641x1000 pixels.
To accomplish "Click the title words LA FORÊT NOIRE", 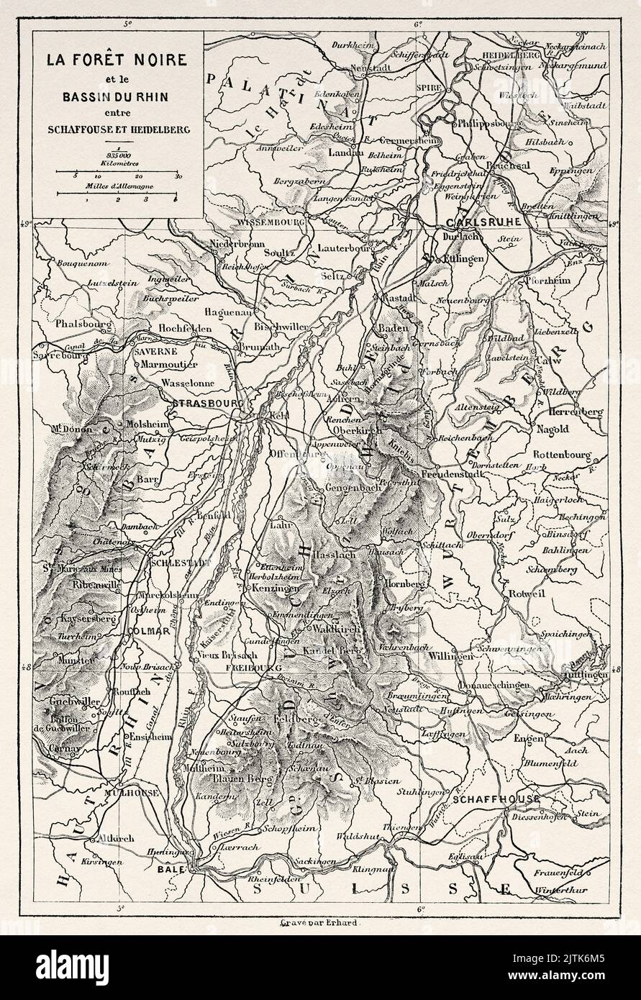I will (118, 61).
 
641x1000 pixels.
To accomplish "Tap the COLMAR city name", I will (150, 630).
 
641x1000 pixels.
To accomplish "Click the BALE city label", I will (176, 868).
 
